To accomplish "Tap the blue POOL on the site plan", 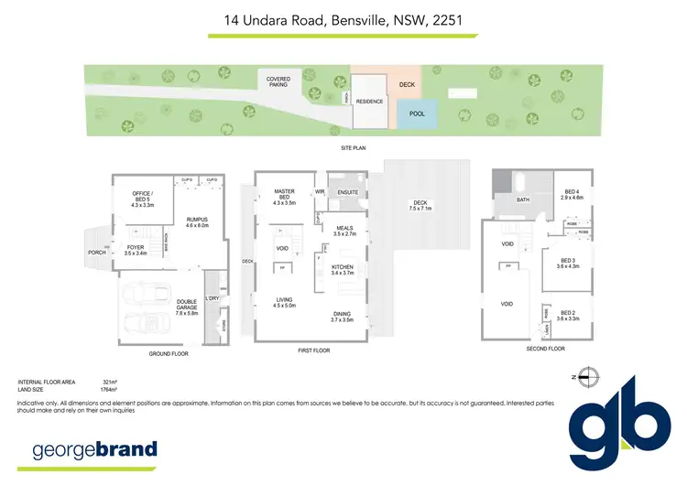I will point(417,114).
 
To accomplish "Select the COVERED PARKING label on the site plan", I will point(278,81).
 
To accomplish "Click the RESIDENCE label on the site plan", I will point(369,102).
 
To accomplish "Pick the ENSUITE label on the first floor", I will point(347,192).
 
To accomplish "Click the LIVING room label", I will point(284,303).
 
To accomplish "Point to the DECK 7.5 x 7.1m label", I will point(420,205).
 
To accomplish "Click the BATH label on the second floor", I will point(523,199).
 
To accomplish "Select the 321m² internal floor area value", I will point(112,381).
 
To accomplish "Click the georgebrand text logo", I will point(95,449).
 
